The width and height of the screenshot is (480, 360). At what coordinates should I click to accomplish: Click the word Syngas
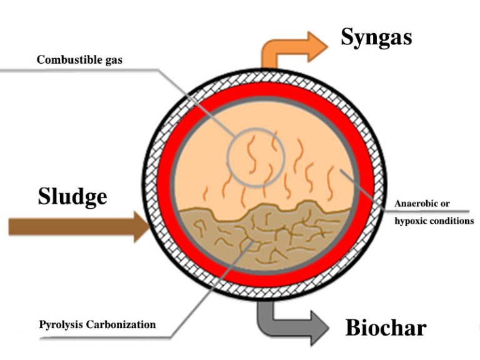[x=376, y=37]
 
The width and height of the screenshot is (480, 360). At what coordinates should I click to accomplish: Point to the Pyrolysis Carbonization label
[x=97, y=325]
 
